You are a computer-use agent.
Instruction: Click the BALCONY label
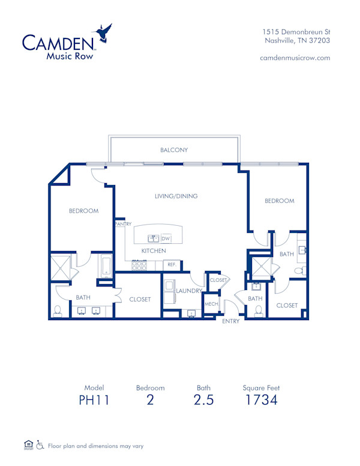click(174, 150)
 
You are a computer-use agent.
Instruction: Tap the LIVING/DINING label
click(176, 196)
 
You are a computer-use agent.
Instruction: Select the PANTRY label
click(123, 224)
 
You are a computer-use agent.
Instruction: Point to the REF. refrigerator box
click(172, 264)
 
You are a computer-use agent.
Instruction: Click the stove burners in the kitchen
click(139, 264)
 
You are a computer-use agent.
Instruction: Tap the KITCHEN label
click(154, 250)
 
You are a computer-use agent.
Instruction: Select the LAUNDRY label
click(188, 291)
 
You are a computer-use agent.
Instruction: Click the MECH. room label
click(211, 304)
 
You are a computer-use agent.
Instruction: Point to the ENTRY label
click(231, 321)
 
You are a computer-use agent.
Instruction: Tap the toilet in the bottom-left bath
click(58, 310)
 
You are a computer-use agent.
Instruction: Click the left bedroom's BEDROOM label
click(83, 211)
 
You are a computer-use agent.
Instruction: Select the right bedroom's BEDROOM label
click(280, 201)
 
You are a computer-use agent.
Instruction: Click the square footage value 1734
click(262, 400)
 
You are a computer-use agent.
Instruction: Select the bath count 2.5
click(203, 400)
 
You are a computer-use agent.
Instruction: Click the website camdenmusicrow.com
click(295, 58)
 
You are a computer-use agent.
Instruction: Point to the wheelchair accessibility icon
click(40, 445)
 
